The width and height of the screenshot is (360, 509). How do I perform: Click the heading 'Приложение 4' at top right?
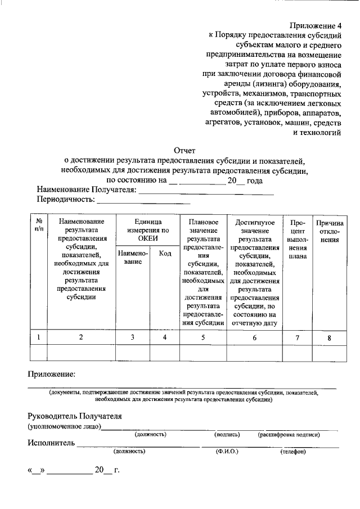pyautogui.click(x=316, y=26)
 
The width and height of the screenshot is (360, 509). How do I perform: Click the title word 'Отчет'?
pyautogui.click(x=184, y=150)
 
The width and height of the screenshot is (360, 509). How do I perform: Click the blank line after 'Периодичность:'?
pyautogui.click(x=144, y=200)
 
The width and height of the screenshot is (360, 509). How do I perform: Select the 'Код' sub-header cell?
pyautogui.click(x=165, y=254)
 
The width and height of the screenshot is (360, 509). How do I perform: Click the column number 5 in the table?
pyautogui.click(x=203, y=337)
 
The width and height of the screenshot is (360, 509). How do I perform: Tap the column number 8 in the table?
pyautogui.click(x=330, y=337)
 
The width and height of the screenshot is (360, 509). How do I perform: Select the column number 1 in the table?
pyautogui.click(x=38, y=337)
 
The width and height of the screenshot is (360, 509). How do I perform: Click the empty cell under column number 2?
pyautogui.click(x=81, y=352)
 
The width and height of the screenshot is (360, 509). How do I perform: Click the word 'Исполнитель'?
pyautogui.click(x=51, y=443)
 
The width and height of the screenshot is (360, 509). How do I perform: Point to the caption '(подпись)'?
pyautogui.click(x=227, y=434)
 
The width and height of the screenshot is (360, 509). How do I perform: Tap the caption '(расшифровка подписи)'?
pyautogui.click(x=289, y=434)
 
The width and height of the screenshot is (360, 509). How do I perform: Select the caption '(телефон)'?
pyautogui.click(x=292, y=451)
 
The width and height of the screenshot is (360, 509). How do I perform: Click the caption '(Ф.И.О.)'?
pyautogui.click(x=227, y=451)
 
